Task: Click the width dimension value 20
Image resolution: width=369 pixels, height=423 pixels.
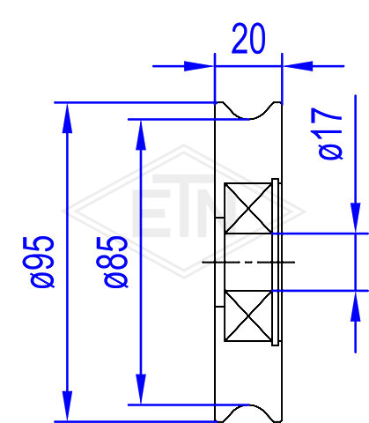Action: pyautogui.click(x=248, y=39)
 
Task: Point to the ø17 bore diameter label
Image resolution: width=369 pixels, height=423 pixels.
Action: pyautogui.click(x=330, y=134)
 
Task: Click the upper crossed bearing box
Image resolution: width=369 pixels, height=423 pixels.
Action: pyautogui.click(x=248, y=208)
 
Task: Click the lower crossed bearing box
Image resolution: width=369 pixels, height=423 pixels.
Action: pyautogui.click(x=248, y=316)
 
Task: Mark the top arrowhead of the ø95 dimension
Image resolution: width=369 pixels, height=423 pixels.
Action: pyautogui.click(x=67, y=118)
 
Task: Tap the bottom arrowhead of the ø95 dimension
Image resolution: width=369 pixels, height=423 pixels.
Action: pyautogui.click(x=67, y=406)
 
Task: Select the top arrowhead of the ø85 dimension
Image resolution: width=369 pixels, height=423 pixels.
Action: pyautogui.click(x=141, y=135)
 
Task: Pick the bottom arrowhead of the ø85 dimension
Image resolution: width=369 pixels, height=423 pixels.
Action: pyautogui.click(x=141, y=389)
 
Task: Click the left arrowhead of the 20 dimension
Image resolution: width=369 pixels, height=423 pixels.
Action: pyautogui.click(x=199, y=66)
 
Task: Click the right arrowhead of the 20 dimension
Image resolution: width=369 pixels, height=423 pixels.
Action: pyautogui.click(x=298, y=66)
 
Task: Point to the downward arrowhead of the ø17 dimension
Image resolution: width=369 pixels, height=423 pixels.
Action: pyautogui.click(x=356, y=218)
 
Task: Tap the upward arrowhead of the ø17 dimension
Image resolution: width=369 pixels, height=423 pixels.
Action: pyautogui.click(x=356, y=307)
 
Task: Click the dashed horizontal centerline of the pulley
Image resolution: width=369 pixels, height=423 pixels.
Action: pyautogui.click(x=248, y=262)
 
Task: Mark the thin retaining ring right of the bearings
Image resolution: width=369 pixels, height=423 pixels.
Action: pyautogui.click(x=275, y=262)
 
